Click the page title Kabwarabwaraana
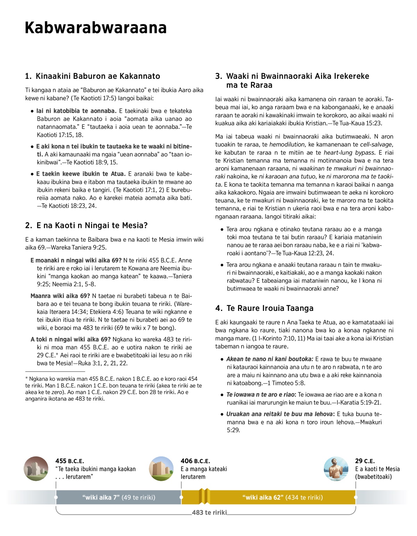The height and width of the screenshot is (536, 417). coord(96,28)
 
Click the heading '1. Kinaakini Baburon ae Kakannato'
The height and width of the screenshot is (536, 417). coord(93,76)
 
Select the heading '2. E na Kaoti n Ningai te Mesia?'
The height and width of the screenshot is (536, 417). coord(87,225)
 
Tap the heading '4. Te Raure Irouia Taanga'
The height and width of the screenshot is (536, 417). coord(264,308)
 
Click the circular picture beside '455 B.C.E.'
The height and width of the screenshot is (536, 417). coord(36,469)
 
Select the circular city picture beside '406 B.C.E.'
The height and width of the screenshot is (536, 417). coord(161,469)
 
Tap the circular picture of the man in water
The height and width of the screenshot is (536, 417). coord(336,469)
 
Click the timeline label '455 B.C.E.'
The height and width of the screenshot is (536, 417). coord(69,461)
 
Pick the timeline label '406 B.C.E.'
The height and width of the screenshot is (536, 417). coord(195,461)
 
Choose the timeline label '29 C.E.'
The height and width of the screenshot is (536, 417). coord(365,461)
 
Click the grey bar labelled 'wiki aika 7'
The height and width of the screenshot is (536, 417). coord(118,497)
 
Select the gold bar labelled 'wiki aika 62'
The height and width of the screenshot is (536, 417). coord(282,497)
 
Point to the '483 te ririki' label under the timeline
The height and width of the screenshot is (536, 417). coord(209,512)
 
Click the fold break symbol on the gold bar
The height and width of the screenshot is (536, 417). coord(204,496)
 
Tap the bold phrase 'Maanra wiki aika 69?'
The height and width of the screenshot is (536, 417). coord(60,296)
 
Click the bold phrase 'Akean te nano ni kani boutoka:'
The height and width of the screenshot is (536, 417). coord(270,359)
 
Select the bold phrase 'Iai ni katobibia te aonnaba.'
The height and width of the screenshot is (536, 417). coord(76,111)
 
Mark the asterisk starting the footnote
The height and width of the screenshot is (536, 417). coord(26,378)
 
